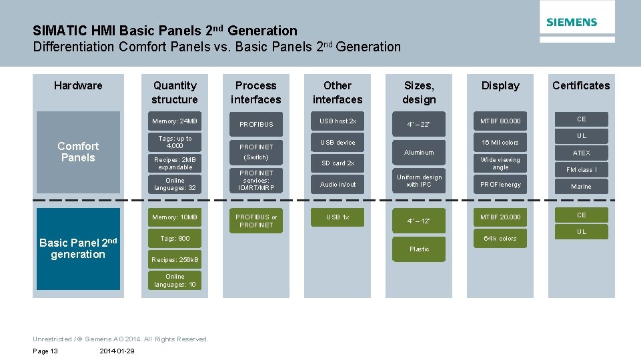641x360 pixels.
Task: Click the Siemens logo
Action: [572, 22]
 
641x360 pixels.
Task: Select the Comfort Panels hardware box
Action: [78, 152]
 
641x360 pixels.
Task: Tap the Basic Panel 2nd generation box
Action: [78, 249]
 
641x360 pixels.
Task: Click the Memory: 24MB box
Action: [175, 121]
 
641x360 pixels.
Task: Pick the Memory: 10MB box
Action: [175, 217]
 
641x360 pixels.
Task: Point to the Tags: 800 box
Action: [175, 239]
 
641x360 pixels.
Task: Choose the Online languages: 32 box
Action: [175, 184]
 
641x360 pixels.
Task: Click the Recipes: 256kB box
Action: [175, 259]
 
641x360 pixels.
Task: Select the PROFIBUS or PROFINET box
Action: [256, 221]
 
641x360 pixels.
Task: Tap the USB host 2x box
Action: [338, 121]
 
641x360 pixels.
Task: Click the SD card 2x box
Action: [338, 163]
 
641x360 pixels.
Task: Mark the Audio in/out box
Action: [338, 184]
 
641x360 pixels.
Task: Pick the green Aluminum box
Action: [419, 153]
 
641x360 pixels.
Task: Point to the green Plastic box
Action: [419, 249]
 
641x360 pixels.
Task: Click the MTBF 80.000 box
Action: [500, 121]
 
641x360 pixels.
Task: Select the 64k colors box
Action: [500, 239]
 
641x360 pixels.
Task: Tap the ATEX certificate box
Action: [581, 153]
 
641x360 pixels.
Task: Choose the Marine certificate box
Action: [581, 187]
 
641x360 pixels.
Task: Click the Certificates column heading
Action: [580, 85]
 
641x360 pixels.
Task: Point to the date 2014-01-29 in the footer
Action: [116, 351]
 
